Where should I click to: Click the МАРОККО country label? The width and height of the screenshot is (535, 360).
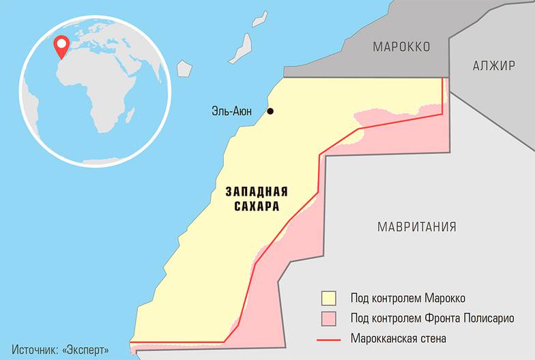coord(401,47)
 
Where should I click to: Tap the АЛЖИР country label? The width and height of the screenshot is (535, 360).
coord(493,66)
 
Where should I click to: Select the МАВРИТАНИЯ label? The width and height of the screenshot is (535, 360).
coord(417,227)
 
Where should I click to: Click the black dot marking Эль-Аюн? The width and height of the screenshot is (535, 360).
coord(270,111)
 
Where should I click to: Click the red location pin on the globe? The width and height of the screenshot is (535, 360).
coord(61,46)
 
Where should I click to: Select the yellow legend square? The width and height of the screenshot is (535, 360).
coord(330,298)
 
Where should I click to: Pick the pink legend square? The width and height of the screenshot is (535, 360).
coord(330,318)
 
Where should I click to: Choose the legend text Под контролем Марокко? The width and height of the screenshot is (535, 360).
coord(408,298)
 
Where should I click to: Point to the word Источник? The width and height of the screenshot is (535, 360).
coord(35,349)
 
